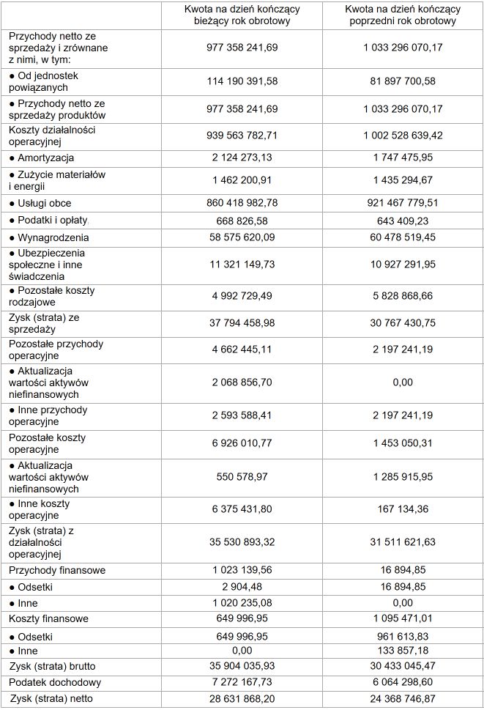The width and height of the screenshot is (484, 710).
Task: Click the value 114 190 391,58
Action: coord(242,81)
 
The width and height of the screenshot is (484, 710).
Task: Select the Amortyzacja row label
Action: coord(45,158)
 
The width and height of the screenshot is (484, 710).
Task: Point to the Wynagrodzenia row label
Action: coord(52,237)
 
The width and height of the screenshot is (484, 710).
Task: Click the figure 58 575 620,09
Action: coord(242,237)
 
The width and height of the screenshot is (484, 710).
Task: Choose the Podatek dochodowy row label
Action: coord(55,682)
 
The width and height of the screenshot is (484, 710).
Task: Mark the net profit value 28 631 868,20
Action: coord(242,698)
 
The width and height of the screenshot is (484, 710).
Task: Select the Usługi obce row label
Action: coord(44,203)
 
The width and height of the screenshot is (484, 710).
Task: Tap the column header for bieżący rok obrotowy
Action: coord(242,15)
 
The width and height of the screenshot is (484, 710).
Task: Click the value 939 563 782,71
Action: coord(242,136)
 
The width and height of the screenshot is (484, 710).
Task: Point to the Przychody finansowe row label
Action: coord(57,570)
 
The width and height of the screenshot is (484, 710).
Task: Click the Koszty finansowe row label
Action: coord(48,619)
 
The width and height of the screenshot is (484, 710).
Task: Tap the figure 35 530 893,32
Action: coord(242,542)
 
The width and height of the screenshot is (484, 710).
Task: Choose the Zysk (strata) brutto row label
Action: coord(53,666)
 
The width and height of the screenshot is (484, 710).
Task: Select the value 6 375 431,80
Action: coord(242,509)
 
